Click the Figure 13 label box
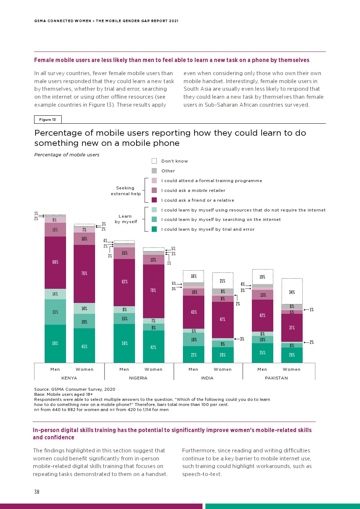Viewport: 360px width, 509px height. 48,119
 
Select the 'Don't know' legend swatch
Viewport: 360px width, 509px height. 154,161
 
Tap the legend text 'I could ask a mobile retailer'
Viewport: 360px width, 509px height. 193,190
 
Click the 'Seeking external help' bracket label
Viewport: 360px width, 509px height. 126,191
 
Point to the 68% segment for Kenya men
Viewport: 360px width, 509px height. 55,262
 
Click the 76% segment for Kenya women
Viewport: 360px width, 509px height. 84,274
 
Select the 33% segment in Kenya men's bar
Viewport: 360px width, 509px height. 55,312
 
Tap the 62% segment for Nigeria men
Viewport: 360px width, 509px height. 124,282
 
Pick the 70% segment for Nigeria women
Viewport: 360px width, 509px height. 154,291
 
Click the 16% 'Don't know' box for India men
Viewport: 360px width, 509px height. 193,276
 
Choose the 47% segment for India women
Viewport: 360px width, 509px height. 222,320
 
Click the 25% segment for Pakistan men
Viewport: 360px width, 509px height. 262,353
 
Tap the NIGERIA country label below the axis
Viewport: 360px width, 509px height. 138,378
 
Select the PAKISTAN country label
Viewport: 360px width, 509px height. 277,378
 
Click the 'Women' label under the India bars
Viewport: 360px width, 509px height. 222,369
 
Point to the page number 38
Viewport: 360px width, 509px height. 37,492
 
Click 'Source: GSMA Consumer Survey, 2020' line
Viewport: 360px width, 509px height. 74,389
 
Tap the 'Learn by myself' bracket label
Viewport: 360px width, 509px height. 126,219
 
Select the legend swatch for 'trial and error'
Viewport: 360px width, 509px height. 154,229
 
